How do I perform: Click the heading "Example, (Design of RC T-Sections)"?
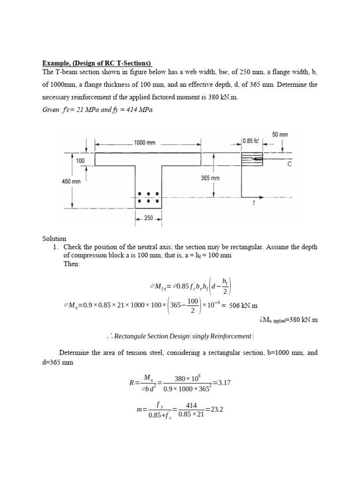tap(97, 63)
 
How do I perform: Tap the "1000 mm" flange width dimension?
tap(145, 142)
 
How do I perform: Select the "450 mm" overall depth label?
tap(72, 181)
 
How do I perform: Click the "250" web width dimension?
tap(148, 218)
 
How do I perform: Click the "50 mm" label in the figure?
tap(280, 135)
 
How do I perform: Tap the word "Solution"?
tap(54, 239)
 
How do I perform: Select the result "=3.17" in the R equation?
tap(222, 382)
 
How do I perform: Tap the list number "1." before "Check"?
tap(57, 247)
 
